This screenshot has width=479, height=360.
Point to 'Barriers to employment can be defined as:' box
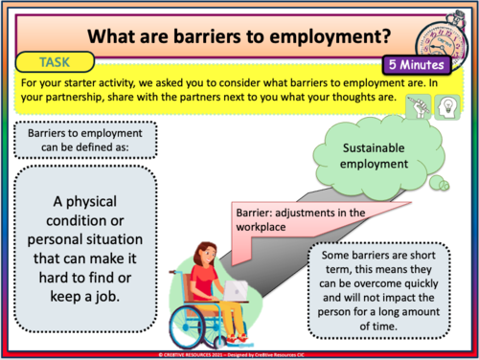pos(84,141)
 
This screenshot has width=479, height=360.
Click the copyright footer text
pos(239,353)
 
